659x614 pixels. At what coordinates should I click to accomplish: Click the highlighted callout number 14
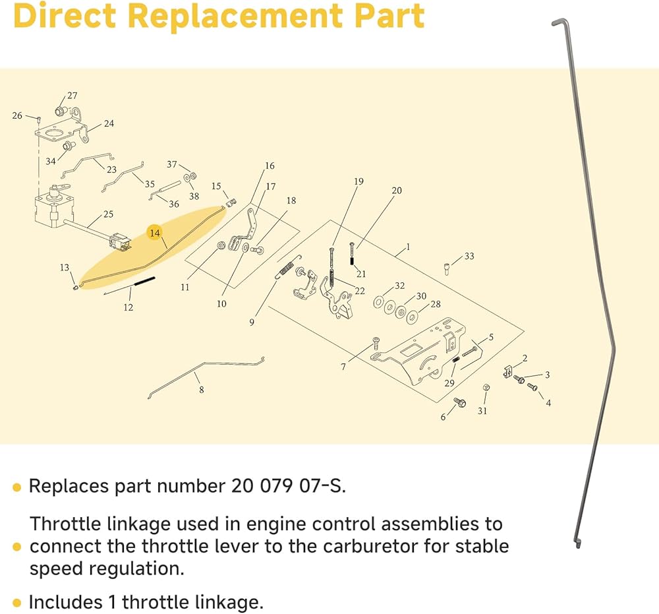pos(154,233)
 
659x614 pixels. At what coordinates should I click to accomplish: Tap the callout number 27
pos(72,96)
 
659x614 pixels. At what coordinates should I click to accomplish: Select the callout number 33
pos(469,256)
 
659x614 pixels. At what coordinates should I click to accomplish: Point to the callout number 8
pos(201,390)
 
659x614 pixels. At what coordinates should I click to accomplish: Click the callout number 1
pos(408,247)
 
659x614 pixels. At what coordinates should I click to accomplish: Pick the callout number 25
pos(108,214)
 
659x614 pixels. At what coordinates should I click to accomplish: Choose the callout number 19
pos(358,181)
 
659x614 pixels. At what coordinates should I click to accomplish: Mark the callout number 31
pos(482,411)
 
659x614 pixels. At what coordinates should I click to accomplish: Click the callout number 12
pos(128,307)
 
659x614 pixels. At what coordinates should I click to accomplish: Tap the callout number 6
pos(443,417)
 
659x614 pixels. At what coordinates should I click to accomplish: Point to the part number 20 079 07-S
pos(287,487)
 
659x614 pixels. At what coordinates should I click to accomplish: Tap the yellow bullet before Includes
pos(17,603)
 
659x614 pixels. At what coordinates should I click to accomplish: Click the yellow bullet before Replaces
pos(17,487)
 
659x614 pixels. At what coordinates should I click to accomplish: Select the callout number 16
pos(270,166)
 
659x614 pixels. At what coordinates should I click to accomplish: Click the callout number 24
pos(109,123)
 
